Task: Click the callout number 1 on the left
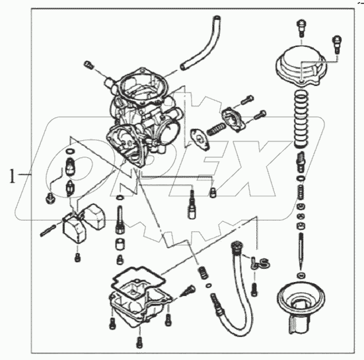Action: click(12, 176)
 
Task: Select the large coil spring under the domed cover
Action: click(301, 119)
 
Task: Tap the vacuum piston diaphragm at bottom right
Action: click(301, 308)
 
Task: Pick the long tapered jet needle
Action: click(301, 250)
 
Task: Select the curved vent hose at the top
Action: click(201, 42)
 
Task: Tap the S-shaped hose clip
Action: click(260, 263)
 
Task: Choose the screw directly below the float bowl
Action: click(139, 342)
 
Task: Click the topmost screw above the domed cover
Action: click(301, 28)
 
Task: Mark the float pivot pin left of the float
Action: click(48, 231)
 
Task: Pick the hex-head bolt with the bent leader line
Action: click(50, 198)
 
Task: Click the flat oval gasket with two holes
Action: click(200, 140)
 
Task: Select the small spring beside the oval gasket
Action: click(216, 129)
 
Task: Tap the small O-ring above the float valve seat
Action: click(70, 151)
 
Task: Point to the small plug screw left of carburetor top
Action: click(89, 65)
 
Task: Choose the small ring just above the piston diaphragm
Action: click(301, 275)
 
